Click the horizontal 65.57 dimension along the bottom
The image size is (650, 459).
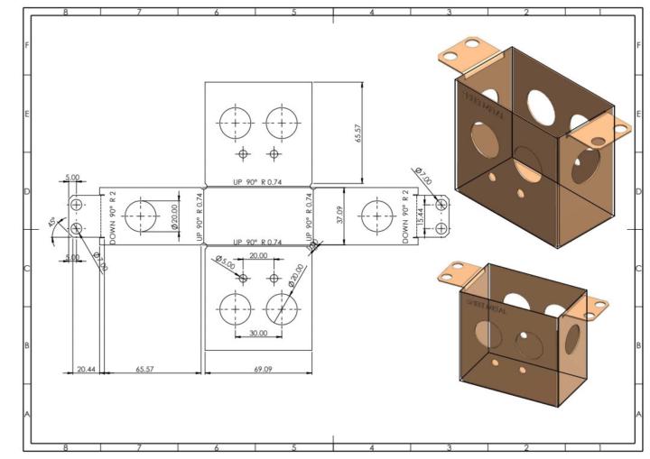pyautogui.click(x=150, y=369)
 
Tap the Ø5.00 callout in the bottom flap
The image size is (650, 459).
pyautogui.click(x=226, y=263)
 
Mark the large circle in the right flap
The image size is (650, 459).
pyautogui.click(x=374, y=216)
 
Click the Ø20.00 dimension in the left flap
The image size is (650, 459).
pyautogui.click(x=173, y=217)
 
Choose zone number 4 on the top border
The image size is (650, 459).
pyautogui.click(x=372, y=13)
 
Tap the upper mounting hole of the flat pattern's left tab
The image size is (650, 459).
pyautogui.click(x=77, y=204)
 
